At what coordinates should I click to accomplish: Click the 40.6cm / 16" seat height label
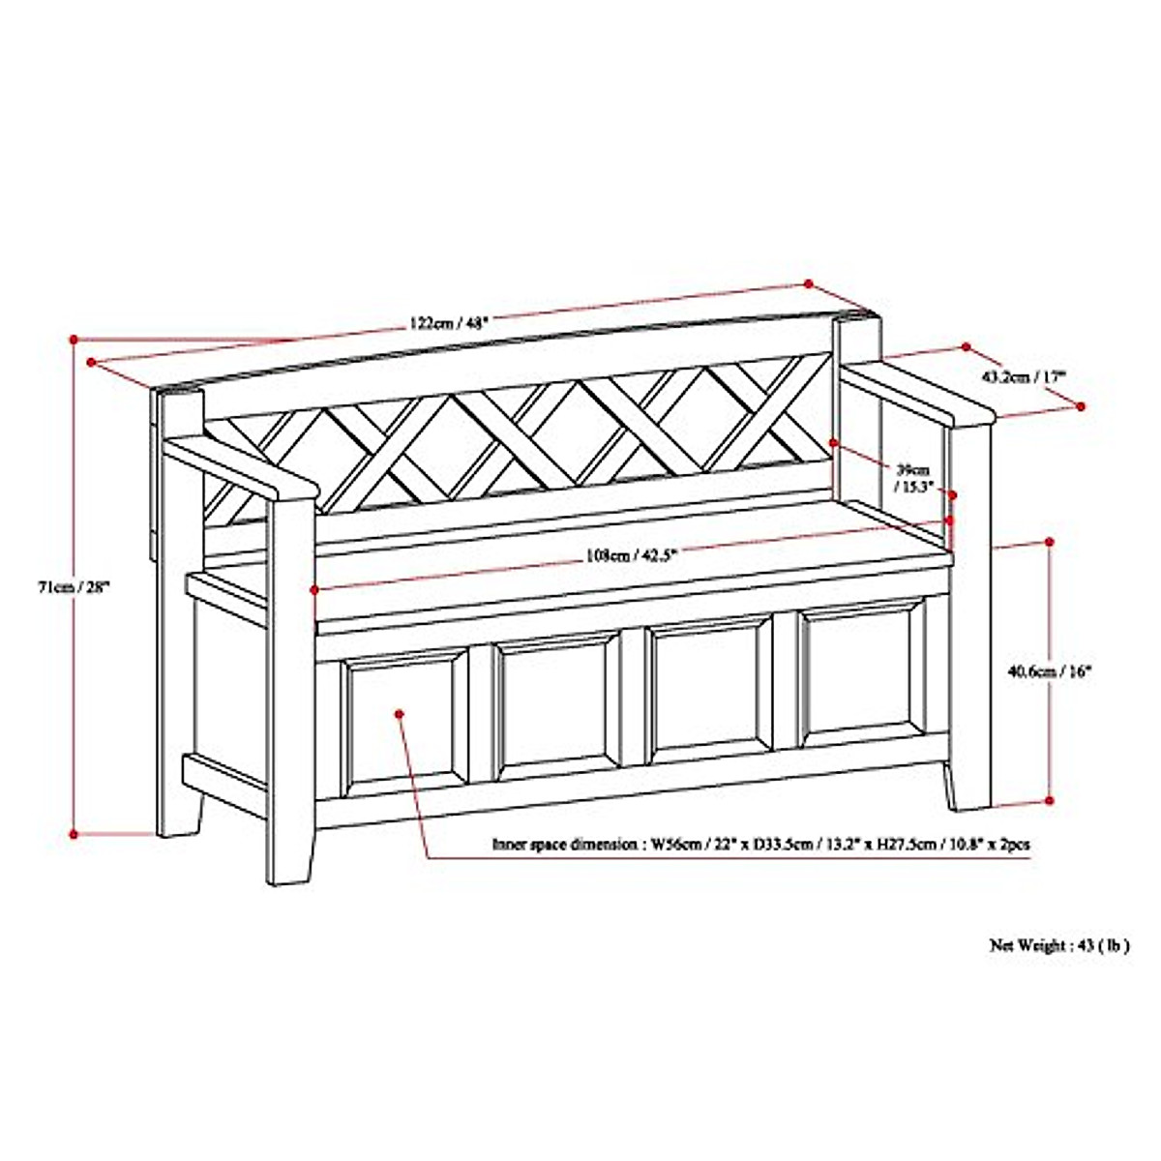(x=1049, y=670)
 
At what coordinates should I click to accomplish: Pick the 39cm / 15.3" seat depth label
(x=912, y=478)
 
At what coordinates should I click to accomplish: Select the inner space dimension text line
(x=760, y=845)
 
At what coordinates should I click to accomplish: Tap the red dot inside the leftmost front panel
(x=400, y=714)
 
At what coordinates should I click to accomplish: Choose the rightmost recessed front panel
(x=860, y=671)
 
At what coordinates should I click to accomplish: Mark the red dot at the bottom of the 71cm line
(x=74, y=833)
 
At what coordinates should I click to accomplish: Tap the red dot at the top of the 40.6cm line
(x=1050, y=542)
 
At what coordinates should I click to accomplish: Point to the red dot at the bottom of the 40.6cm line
(x=1050, y=800)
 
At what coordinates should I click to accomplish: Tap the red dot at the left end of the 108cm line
(x=314, y=588)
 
